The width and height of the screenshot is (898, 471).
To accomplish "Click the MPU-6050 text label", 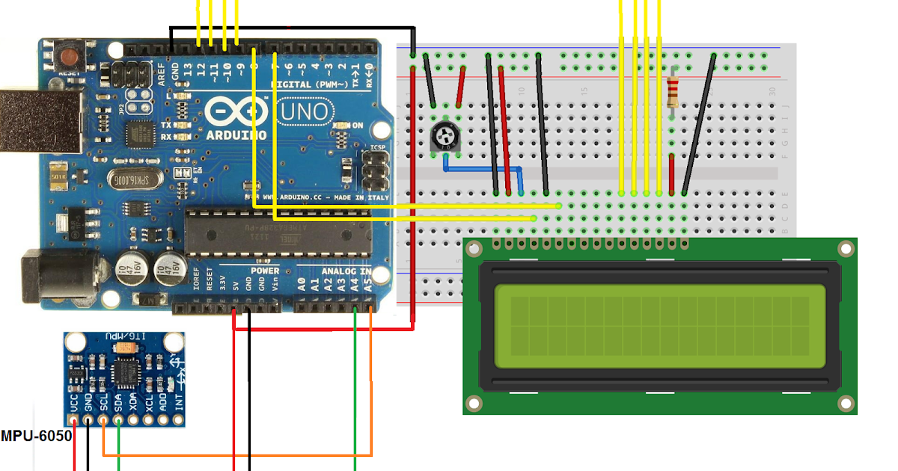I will click(36, 436).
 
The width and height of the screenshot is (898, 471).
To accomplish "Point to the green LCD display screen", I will click(659, 326).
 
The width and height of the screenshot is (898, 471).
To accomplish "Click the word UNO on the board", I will click(304, 112).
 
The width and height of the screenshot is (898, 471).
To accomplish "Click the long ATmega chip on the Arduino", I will click(277, 232).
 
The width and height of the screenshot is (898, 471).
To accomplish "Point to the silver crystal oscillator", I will click(132, 179).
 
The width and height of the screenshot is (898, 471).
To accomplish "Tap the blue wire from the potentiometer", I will click(479, 170).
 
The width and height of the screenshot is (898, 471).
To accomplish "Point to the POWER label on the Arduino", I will click(264, 271).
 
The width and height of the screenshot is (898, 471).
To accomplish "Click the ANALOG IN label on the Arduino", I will click(346, 271).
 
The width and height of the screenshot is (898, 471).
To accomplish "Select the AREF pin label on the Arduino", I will click(162, 75).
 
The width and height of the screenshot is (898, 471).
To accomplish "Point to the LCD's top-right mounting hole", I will click(846, 249).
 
